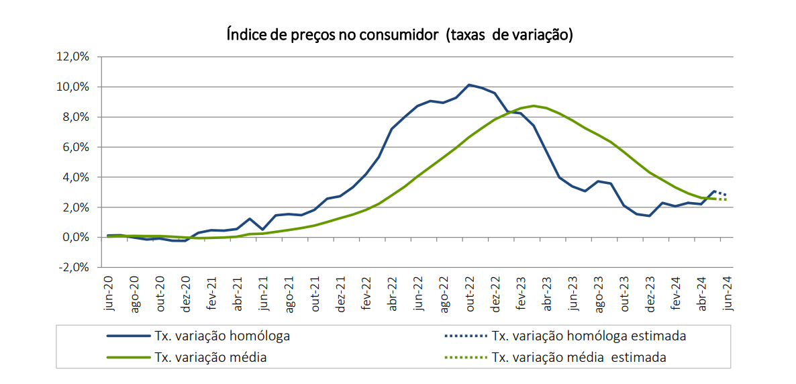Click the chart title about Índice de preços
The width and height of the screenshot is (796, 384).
click(x=399, y=35)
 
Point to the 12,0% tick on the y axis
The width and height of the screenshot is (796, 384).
click(x=73, y=57)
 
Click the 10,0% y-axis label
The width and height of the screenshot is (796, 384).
click(x=73, y=87)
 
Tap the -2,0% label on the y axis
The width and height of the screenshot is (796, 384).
click(x=74, y=267)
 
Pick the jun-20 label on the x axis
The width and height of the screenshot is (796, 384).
click(x=109, y=293)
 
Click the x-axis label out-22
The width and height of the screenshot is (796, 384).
click(x=470, y=293)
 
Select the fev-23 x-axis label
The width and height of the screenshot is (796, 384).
click(x=521, y=293)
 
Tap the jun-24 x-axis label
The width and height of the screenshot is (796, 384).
click(x=727, y=293)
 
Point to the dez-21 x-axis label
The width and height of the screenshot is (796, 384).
click(x=340, y=293)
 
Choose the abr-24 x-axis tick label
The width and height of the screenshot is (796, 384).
click(x=701, y=293)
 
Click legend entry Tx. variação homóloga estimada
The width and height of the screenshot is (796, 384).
click(x=589, y=336)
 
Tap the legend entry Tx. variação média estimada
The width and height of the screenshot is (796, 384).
click(x=579, y=357)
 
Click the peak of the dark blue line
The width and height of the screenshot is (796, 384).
click(x=469, y=85)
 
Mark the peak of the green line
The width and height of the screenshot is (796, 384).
click(x=534, y=105)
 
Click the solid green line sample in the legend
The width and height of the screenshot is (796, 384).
click(x=128, y=357)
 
